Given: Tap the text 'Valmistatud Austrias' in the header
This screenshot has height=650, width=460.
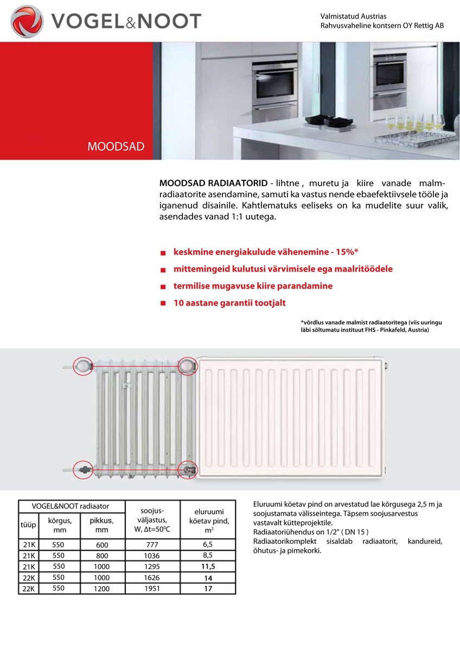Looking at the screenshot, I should (x=354, y=17).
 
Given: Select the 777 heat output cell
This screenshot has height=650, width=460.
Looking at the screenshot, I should (x=152, y=545).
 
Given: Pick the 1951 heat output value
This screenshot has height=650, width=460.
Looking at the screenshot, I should (x=152, y=588).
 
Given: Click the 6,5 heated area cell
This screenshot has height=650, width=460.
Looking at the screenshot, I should (x=208, y=545).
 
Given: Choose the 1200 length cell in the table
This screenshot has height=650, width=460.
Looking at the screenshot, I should (x=102, y=588).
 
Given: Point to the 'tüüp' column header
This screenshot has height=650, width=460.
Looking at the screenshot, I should (x=28, y=525).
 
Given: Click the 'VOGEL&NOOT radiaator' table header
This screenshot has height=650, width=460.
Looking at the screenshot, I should (x=71, y=506).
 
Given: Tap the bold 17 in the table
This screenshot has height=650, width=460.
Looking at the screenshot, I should (x=208, y=588).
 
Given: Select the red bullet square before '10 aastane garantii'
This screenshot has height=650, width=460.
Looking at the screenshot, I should (x=163, y=303).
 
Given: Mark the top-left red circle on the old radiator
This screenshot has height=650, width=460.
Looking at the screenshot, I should (x=83, y=366).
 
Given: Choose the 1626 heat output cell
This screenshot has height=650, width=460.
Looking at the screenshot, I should (x=152, y=577).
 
